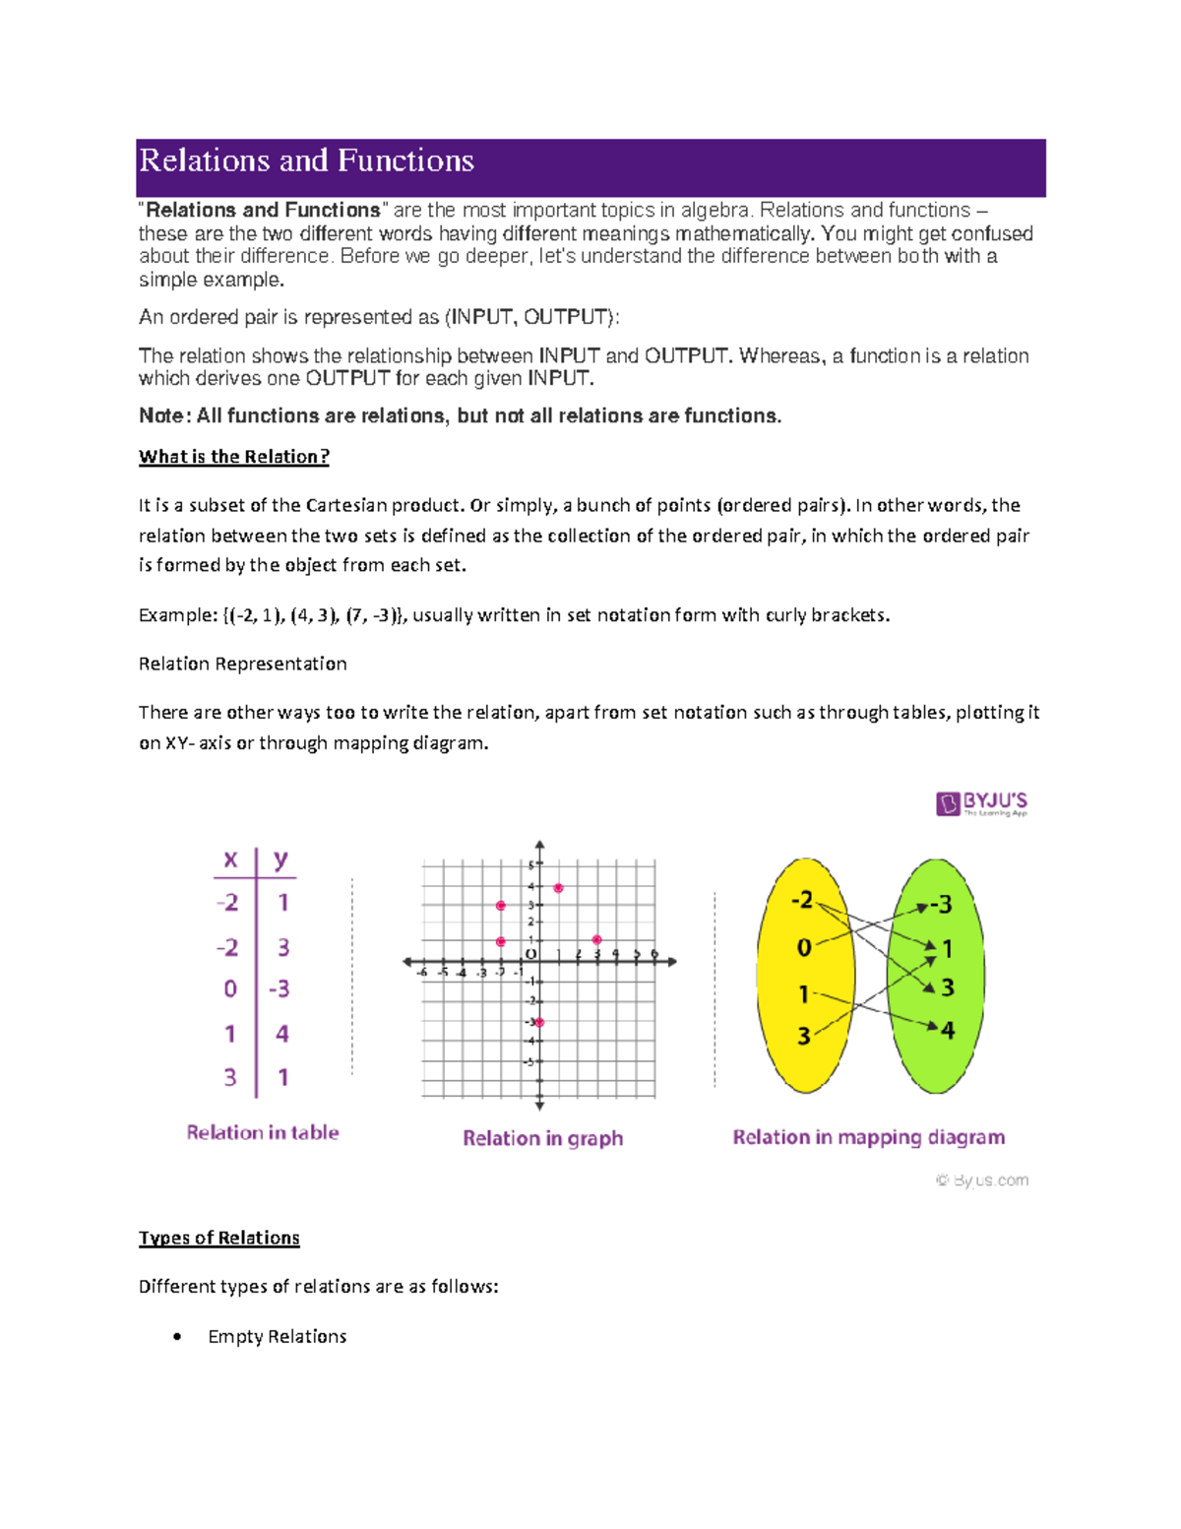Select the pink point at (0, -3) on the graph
[538, 1022]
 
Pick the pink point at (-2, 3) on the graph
[501, 906]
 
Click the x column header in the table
[230, 860]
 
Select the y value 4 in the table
[282, 1034]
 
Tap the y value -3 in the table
[280, 988]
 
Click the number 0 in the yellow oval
[804, 947]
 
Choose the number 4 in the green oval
[947, 1031]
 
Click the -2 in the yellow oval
[803, 900]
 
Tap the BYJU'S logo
[981, 803]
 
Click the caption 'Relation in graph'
[542, 1138]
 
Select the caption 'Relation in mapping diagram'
[868, 1137]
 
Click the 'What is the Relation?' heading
[234, 457]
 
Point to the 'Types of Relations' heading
[218, 1238]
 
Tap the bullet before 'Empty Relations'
[177, 1336]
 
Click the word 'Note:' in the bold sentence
[164, 415]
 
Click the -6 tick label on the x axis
[422, 973]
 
